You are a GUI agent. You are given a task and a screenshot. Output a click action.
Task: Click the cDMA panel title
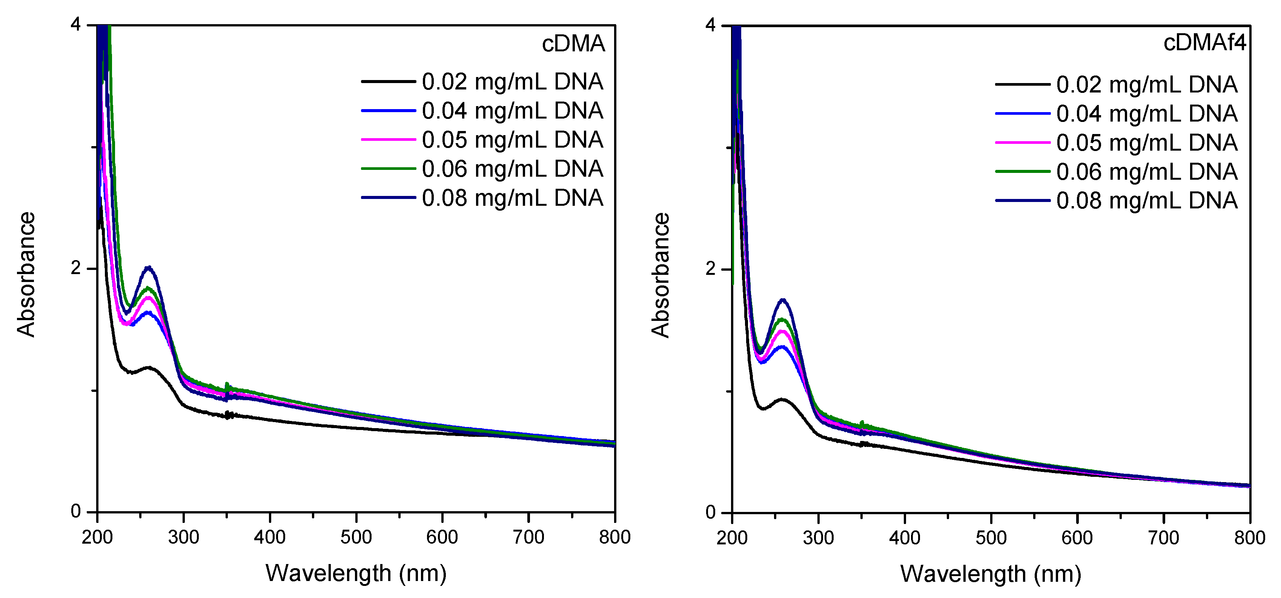click(573, 44)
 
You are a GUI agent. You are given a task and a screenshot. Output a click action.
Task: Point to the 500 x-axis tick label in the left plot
click(356, 537)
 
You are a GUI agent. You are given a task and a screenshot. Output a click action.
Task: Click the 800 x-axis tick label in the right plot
click(1249, 538)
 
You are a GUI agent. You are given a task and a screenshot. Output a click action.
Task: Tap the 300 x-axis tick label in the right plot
click(818, 538)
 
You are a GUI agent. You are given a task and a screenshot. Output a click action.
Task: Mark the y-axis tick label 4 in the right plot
click(711, 25)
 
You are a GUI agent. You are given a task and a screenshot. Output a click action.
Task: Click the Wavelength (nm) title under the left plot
click(356, 573)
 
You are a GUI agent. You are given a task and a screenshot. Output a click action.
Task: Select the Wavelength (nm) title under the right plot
click(991, 573)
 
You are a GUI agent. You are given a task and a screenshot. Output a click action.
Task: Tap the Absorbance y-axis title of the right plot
click(661, 275)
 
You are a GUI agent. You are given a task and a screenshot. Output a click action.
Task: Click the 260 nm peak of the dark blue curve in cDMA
click(148, 267)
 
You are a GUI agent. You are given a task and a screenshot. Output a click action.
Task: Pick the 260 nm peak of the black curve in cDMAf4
click(782, 399)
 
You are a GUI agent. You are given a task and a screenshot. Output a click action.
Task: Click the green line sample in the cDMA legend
click(388, 169)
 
